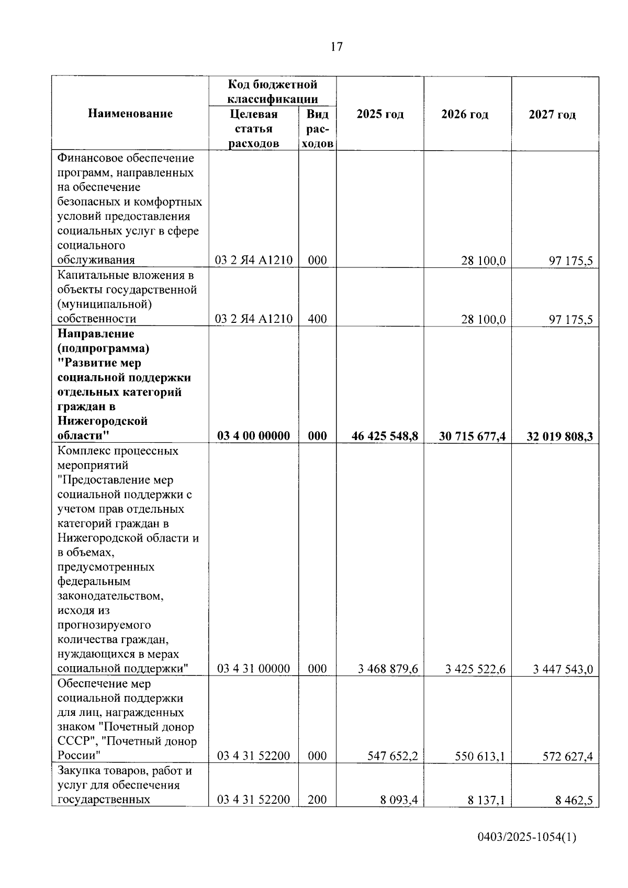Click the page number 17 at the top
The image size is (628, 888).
337,47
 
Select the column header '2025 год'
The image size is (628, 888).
380,115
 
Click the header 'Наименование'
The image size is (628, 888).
130,114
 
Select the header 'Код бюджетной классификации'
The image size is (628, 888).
272,92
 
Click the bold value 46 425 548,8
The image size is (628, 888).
385,436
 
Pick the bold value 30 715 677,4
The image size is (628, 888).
472,436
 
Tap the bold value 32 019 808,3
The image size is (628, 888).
559,436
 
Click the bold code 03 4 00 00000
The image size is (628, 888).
253,436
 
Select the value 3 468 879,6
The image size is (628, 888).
388,669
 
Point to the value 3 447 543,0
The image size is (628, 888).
563,669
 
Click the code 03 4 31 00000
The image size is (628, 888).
253,669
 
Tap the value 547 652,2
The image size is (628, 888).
392,756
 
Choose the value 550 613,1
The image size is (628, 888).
479,756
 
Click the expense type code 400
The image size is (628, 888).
317,319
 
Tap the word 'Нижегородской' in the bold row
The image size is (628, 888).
103,421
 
